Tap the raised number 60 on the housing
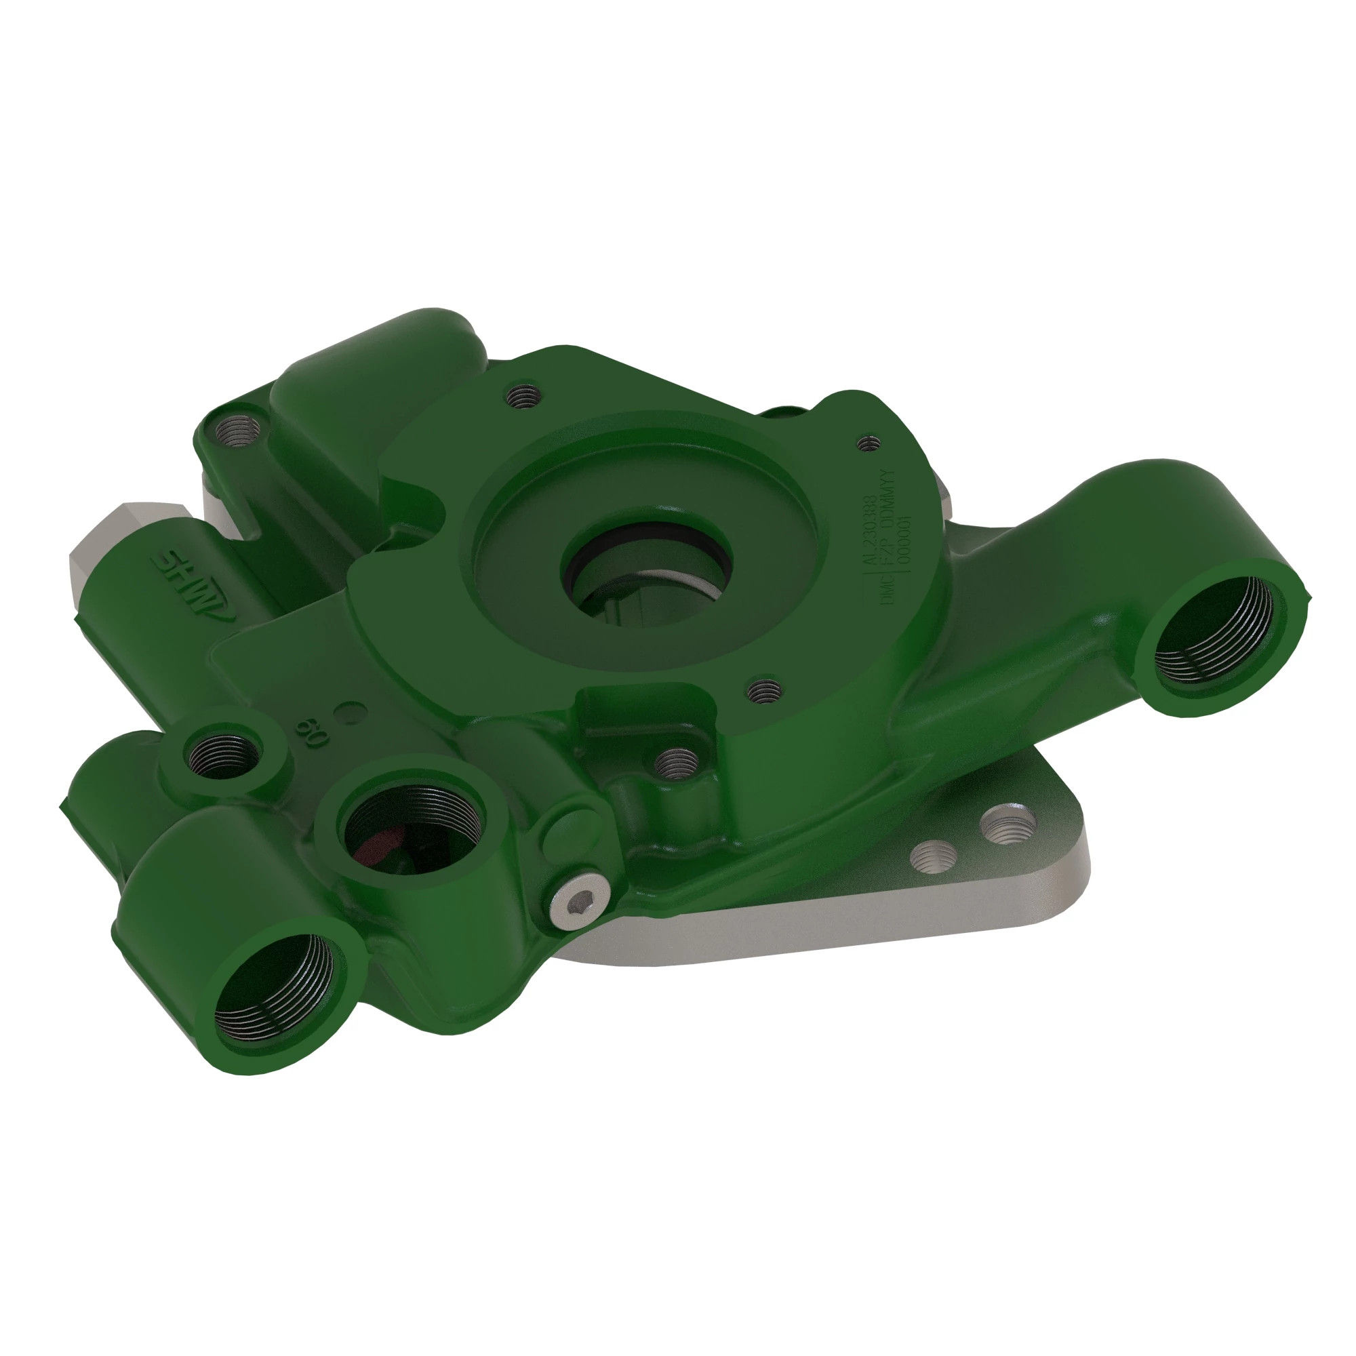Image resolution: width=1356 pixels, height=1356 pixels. (311, 733)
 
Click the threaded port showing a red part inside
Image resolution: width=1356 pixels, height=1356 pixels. (412, 832)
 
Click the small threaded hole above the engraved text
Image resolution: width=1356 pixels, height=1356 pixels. (870, 443)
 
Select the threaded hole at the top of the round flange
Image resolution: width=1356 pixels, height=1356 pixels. (523, 397)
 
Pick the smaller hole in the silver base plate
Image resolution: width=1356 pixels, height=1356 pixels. (934, 856)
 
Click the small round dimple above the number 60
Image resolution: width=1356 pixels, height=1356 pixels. (348, 714)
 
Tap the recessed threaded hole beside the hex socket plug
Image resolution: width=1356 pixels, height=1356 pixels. (677, 761)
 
